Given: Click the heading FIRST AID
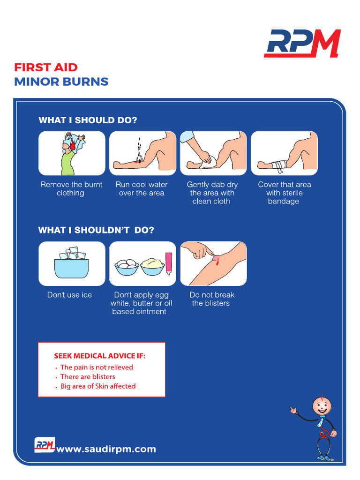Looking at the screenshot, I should [x=46, y=67].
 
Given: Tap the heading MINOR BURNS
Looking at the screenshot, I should [x=61, y=82].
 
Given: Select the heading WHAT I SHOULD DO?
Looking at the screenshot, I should [x=88, y=120].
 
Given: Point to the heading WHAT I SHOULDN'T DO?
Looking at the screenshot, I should [x=96, y=230].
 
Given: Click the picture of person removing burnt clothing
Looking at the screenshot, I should [x=72, y=153].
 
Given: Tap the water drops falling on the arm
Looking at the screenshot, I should [x=139, y=149].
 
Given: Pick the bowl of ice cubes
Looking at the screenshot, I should [x=72, y=264].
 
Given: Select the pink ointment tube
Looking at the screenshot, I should [x=168, y=263].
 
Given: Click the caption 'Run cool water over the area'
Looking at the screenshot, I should [x=142, y=189].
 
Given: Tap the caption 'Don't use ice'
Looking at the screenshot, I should [x=69, y=295].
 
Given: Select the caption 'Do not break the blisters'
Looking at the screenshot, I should [x=212, y=299].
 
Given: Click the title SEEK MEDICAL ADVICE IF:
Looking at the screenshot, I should [x=100, y=356].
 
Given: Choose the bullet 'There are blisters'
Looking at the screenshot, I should [x=88, y=377].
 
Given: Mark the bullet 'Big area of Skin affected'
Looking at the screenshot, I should [x=98, y=386].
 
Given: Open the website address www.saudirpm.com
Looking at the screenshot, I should [x=106, y=449].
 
